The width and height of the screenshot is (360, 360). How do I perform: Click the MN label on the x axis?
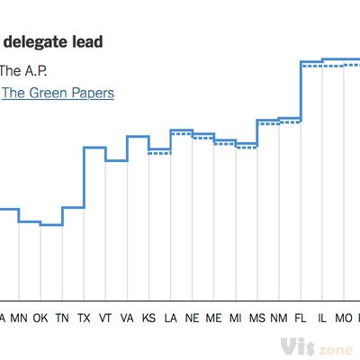pos(19,318)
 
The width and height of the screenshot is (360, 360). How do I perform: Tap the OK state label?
pos(40,318)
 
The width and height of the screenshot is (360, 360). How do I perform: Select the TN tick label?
pos(62,318)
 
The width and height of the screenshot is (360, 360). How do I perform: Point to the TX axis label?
pos(84,318)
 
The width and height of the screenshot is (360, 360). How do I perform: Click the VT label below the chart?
pos(105,318)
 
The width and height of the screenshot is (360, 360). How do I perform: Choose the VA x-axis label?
pos(127,318)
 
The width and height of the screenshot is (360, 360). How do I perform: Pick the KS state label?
pos(148,318)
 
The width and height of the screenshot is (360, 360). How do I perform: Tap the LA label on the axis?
pos(170,318)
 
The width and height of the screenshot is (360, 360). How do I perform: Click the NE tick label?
pos(192,318)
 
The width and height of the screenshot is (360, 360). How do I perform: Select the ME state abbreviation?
pos(213,318)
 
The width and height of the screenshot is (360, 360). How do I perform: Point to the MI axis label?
pos(235,318)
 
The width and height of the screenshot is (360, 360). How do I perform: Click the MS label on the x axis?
pos(257,318)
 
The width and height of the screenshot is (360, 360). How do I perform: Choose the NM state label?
pos(279,318)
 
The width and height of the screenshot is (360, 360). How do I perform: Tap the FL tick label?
pos(301,318)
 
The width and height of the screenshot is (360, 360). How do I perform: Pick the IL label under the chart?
pos(322,318)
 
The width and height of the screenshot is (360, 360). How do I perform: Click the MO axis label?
pos(344,318)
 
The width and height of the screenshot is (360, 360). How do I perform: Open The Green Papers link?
pos(58,93)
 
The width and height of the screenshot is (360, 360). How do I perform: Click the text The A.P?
pos(22,69)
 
